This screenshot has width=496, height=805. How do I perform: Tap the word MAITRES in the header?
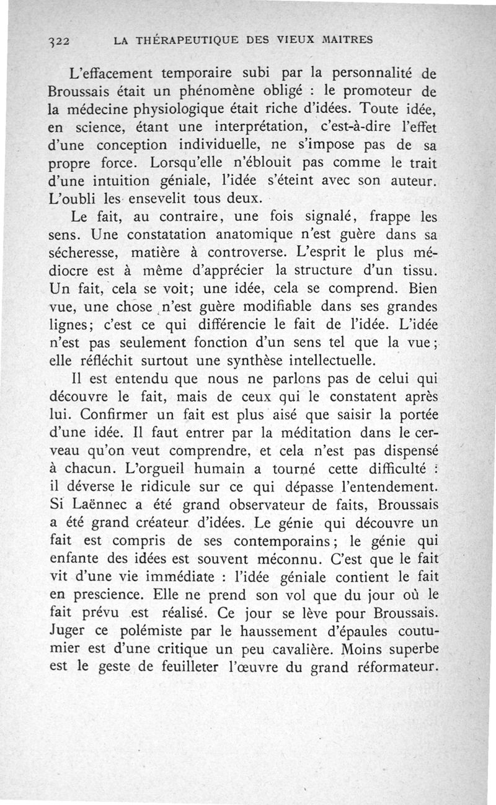[x=346, y=40]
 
